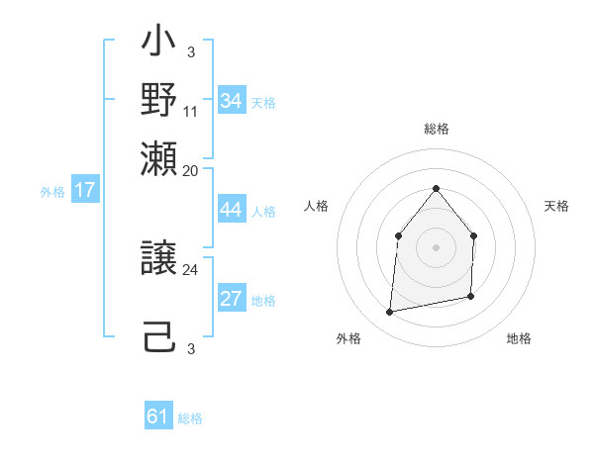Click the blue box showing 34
pyautogui.click(x=232, y=101)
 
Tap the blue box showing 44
pyautogui.click(x=232, y=211)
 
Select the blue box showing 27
pyautogui.click(x=232, y=300)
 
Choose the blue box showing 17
pyautogui.click(x=85, y=190)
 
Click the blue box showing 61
pyautogui.click(x=158, y=417)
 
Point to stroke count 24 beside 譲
pyautogui.click(x=191, y=269)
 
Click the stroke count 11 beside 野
pyautogui.click(x=191, y=111)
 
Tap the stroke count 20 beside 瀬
pyautogui.click(x=191, y=170)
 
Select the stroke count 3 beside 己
pyautogui.click(x=191, y=348)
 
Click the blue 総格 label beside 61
pyautogui.click(x=190, y=418)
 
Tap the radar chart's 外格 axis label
pyautogui.click(x=348, y=338)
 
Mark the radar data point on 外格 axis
pyautogui.click(x=390, y=313)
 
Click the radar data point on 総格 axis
pyautogui.click(x=436, y=188)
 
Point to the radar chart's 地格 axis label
pyautogui.click(x=519, y=338)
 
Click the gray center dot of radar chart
pyautogui.click(x=436, y=247)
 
